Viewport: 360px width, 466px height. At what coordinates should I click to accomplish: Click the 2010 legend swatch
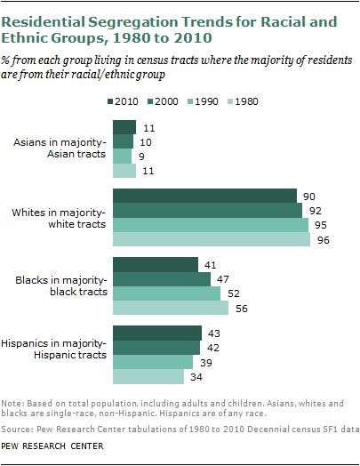[x=111, y=102]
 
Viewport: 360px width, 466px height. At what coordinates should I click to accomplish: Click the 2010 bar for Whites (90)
[x=204, y=197]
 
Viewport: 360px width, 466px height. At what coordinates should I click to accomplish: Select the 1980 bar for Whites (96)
[x=210, y=239]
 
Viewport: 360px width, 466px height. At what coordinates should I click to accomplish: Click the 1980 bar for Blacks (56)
[x=169, y=308]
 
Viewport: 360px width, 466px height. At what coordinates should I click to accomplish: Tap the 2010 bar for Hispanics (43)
[x=156, y=333]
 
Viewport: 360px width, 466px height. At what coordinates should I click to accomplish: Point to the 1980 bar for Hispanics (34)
[x=147, y=376]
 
